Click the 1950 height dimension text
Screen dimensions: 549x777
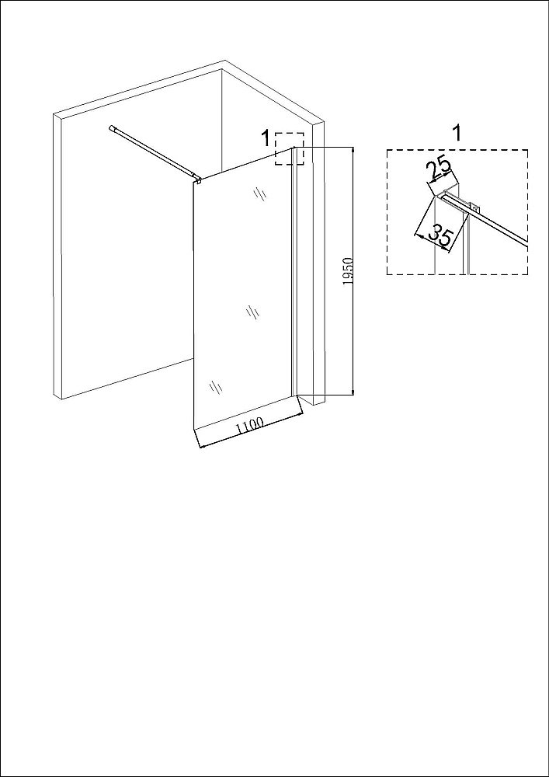[348, 271]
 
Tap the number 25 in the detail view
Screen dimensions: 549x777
[439, 169]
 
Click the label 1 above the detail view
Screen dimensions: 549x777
[457, 134]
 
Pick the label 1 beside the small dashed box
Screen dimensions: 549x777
[266, 138]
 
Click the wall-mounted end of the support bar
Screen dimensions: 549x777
[112, 128]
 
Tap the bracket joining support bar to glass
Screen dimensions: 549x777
[199, 180]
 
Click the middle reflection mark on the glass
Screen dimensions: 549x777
[253, 312]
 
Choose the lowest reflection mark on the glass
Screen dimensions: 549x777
[215, 387]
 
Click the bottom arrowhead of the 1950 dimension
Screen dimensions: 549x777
[353, 392]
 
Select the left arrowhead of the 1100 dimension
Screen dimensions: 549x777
[201, 446]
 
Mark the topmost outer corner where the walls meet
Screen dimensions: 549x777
[225, 61]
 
